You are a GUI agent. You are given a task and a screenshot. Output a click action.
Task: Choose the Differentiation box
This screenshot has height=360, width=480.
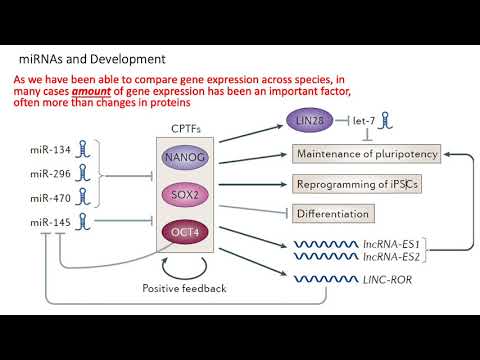(332, 213)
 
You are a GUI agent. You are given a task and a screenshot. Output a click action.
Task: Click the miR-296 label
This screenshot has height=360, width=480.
(50, 174)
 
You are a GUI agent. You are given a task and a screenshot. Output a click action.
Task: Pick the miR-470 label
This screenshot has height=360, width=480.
(50, 197)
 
